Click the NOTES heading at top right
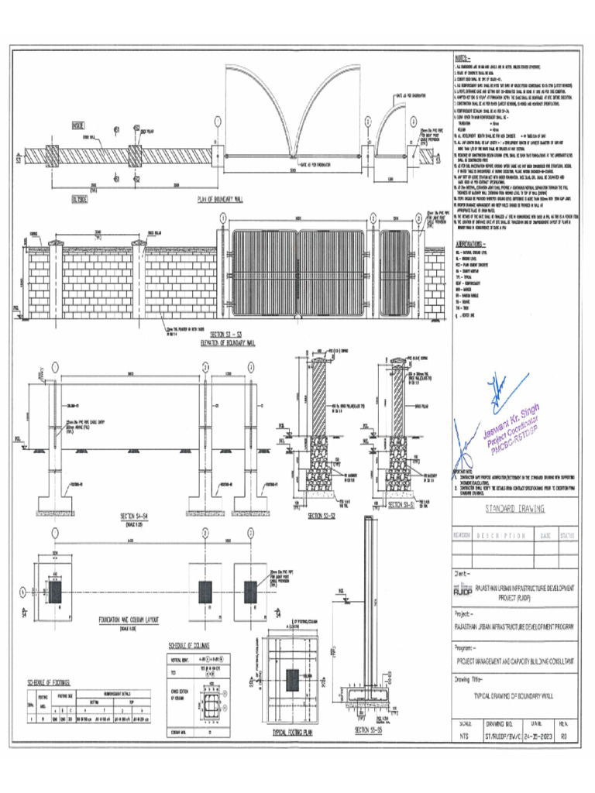click(x=462, y=59)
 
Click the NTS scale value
click(x=465, y=737)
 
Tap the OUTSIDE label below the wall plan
click(x=79, y=199)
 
